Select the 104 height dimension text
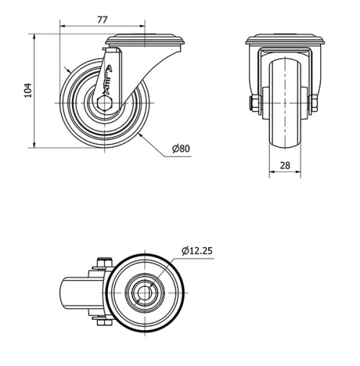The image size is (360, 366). click(28, 90)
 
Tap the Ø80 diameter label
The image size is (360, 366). click(181, 149)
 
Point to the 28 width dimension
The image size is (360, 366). click(284, 165)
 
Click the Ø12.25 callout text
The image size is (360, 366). click(197, 251)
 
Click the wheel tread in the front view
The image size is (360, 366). click(284, 137)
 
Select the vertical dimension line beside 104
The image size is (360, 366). click(36, 90)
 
